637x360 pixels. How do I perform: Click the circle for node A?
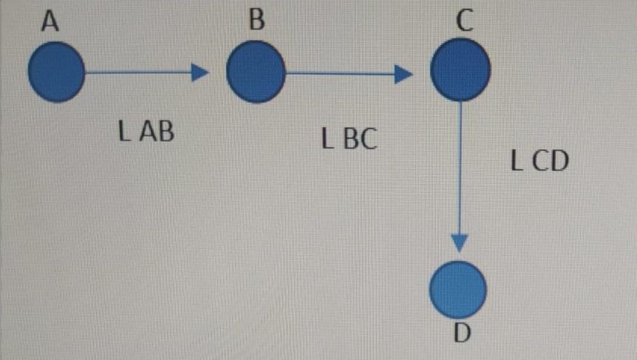point(56,72)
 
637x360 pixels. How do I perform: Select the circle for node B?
point(255,72)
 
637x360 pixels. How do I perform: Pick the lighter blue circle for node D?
point(458,289)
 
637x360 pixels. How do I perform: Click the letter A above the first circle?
point(50,21)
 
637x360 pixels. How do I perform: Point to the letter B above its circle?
point(256,20)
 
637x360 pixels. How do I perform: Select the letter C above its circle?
point(463,21)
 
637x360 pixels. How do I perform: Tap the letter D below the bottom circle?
point(461,333)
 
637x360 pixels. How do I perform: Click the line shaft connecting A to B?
point(137,72)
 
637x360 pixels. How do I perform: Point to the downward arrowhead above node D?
point(460,243)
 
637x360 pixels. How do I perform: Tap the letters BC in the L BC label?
point(359,138)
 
